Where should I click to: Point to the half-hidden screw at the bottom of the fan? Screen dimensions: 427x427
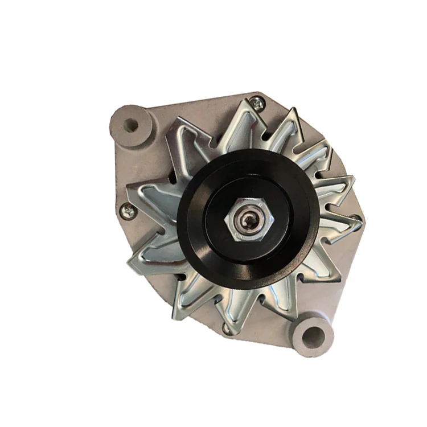(227, 328)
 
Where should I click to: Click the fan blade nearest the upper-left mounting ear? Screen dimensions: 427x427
(176, 137)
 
